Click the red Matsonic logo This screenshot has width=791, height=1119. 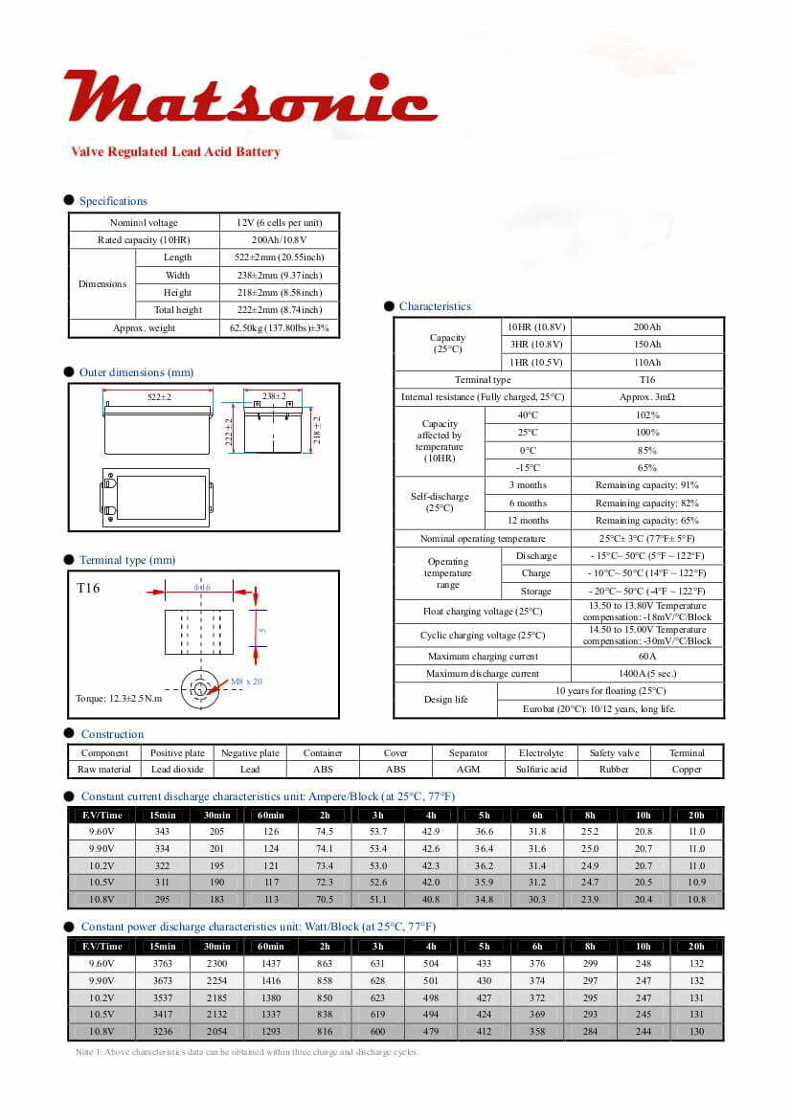250,98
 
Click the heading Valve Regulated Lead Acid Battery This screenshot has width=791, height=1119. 175,152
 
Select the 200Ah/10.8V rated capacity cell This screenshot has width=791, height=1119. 279,240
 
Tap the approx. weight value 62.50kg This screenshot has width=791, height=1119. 279,328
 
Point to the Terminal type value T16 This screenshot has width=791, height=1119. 647,380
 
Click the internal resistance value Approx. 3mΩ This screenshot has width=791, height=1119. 647,397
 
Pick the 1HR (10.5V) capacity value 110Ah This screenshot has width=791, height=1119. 647,363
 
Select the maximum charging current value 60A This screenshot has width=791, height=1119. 647,657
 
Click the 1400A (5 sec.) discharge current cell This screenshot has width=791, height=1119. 647,674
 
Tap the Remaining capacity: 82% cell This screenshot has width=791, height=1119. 647,504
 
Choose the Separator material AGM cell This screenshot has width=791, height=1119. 468,770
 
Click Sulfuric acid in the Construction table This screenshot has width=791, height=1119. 541,770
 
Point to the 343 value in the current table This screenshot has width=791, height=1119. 162,832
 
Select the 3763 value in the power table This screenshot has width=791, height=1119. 162,963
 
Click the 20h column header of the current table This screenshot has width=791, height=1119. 696,815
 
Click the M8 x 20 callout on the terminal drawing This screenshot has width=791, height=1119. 246,682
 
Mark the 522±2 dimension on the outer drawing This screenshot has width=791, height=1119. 159,396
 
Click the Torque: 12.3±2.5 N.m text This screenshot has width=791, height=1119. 120,699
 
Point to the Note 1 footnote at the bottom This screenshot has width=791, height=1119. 247,1052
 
